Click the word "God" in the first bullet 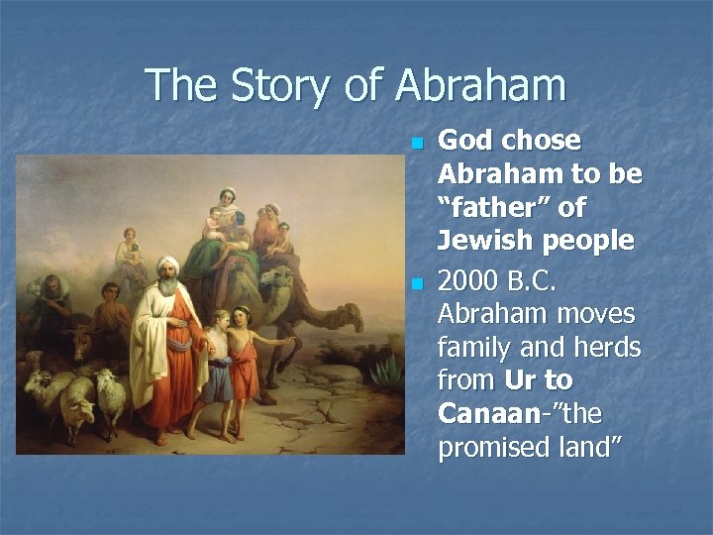click(x=466, y=141)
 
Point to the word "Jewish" click(x=486, y=241)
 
